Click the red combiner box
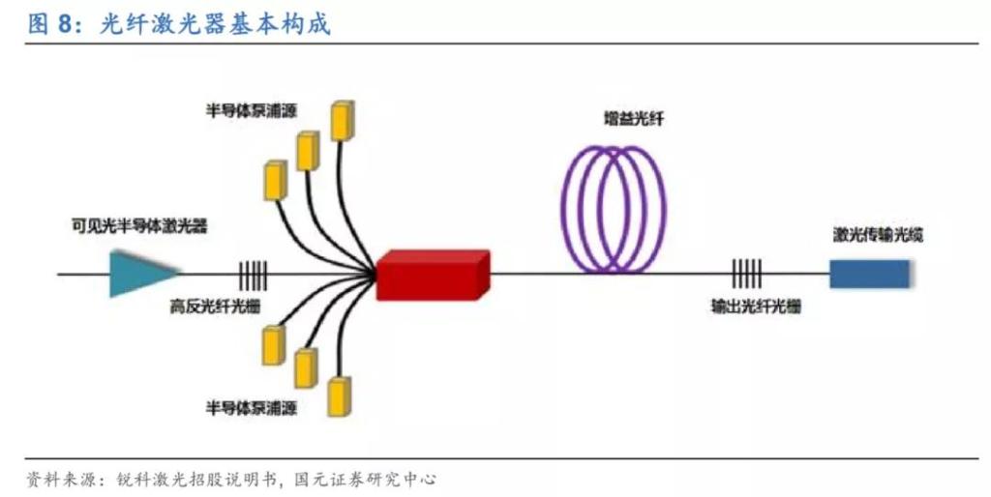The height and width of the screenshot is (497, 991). [432, 275]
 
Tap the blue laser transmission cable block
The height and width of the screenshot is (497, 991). [868, 274]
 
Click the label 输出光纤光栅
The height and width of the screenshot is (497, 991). [755, 307]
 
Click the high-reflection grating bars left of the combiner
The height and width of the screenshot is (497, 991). [253, 275]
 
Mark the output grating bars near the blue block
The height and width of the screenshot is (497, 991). [746, 275]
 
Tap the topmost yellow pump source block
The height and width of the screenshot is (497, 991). [341, 120]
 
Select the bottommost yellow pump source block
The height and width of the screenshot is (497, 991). [339, 396]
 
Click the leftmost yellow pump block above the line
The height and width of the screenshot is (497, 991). [275, 181]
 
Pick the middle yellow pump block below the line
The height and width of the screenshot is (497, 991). [306, 366]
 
